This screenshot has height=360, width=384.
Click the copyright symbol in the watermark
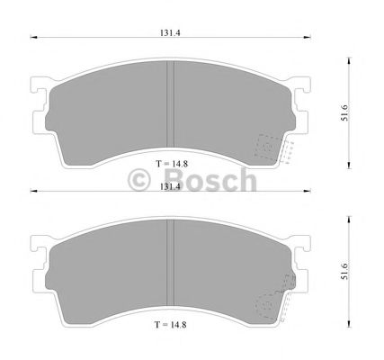pyautogui.click(x=142, y=180)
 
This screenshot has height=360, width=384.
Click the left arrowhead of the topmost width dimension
pyautogui.click(x=34, y=38)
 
